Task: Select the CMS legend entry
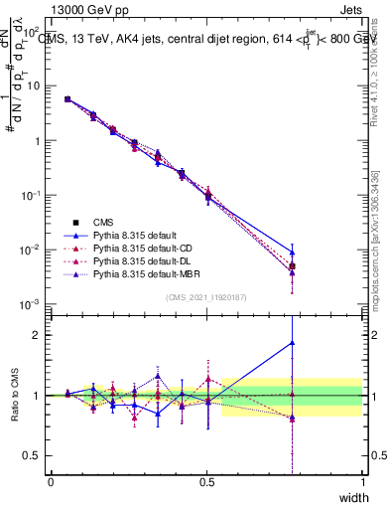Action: (104, 222)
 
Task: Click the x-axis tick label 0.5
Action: (206, 481)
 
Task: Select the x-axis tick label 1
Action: (363, 481)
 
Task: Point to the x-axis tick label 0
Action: (51, 481)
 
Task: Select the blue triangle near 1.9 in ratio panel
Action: (292, 343)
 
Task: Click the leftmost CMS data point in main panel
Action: (66, 99)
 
